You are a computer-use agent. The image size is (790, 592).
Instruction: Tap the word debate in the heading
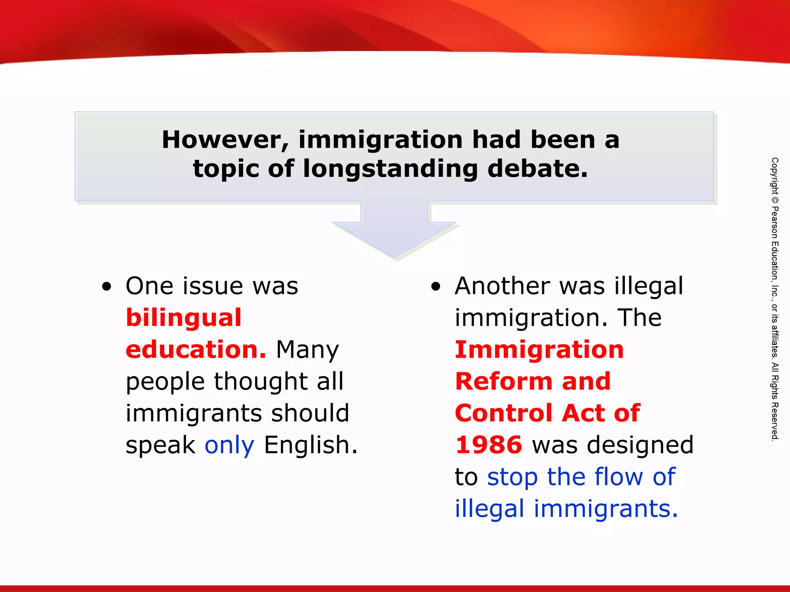(538, 169)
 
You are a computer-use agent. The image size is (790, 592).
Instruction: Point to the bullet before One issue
(106, 287)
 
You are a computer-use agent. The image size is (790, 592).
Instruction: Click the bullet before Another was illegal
(436, 287)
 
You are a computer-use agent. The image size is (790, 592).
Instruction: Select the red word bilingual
(184, 318)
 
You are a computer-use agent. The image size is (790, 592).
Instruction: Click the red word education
(196, 350)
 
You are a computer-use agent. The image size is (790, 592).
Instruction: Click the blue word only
(229, 446)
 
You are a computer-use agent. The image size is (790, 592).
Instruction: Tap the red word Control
(503, 413)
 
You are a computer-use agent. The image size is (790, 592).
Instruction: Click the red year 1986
(489, 445)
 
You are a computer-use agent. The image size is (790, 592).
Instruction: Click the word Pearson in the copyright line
(775, 222)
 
